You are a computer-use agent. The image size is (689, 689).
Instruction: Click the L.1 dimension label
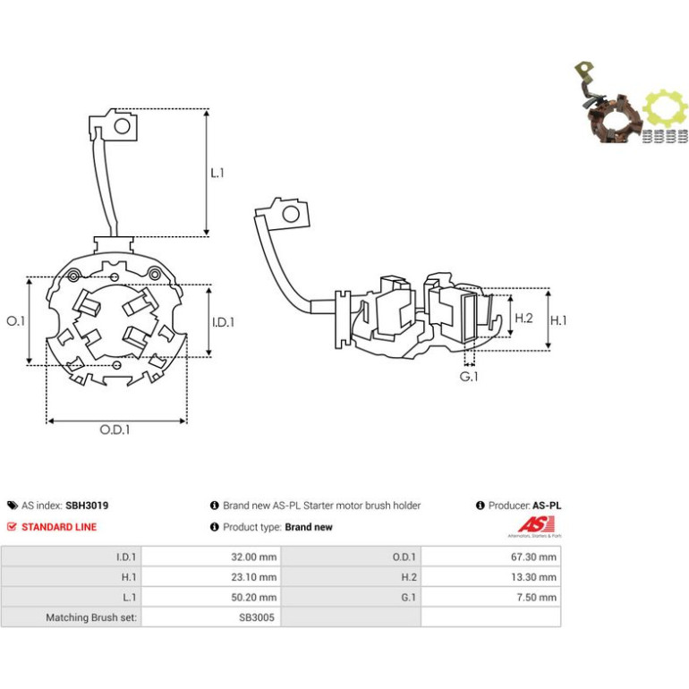point(217,173)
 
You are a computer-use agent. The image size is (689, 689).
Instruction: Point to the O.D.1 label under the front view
point(115,430)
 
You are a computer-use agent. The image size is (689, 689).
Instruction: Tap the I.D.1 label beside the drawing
point(223,322)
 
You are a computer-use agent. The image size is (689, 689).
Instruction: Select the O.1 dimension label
point(16,321)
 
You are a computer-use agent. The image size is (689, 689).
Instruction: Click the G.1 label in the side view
point(469,377)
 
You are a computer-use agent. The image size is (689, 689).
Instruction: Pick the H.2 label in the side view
point(523,318)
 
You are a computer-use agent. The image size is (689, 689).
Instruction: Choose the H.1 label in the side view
point(558,320)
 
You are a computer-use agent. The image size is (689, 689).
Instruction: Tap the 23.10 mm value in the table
point(254,577)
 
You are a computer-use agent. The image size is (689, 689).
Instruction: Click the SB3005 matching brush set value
point(257,617)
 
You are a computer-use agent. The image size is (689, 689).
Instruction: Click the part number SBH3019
point(87,506)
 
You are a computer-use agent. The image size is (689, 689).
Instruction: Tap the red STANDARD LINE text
point(59,527)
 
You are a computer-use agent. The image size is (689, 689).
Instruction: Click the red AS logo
point(536,524)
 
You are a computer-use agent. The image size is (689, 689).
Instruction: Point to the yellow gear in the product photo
point(665,110)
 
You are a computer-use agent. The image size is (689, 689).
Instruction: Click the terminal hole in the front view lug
point(123,126)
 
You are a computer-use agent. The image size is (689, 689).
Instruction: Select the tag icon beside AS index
point(13,506)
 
